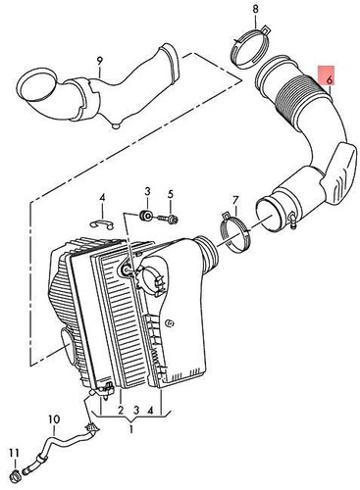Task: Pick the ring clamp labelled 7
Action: point(232,236)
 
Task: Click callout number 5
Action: point(169,193)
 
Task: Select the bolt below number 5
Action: point(172,217)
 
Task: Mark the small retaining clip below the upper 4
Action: point(103,225)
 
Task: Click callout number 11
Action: point(13,451)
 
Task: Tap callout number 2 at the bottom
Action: point(120,411)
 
